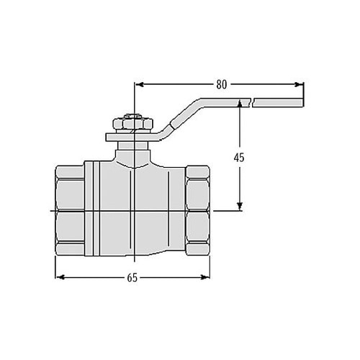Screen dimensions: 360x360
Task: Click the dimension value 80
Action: [x=222, y=84]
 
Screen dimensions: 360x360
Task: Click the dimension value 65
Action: [x=132, y=276]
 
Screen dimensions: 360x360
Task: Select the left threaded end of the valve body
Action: [x=70, y=210]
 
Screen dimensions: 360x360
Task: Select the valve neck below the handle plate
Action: [x=134, y=151]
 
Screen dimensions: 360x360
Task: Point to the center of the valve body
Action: [x=134, y=210]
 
